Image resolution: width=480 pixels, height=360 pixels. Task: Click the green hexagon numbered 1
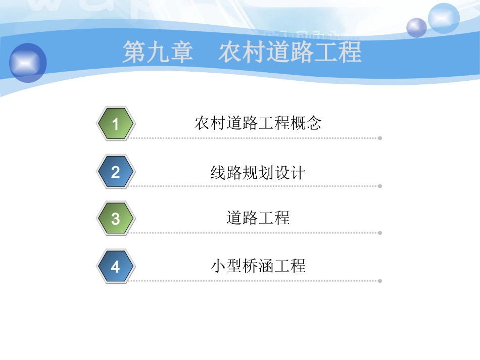(116, 123)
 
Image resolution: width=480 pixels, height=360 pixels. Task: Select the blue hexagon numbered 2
(116, 172)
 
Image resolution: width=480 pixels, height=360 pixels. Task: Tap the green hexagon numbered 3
(116, 219)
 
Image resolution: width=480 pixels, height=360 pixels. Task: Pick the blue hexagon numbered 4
(116, 266)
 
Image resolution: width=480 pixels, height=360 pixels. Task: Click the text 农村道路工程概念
(258, 123)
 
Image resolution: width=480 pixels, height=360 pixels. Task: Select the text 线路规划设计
(258, 173)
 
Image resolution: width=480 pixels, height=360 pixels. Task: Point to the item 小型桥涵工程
(258, 266)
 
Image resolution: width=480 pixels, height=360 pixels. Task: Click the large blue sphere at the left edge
(28, 63)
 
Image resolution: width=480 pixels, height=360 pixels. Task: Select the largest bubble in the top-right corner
(444, 18)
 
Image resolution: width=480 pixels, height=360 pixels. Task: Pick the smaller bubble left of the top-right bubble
(417, 27)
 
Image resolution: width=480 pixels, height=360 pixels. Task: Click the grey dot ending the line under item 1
(380, 138)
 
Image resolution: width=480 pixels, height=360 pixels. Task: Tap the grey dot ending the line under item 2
(380, 186)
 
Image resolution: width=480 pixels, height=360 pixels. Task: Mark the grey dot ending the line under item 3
(380, 233)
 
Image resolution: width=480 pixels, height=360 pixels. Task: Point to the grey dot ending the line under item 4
(380, 280)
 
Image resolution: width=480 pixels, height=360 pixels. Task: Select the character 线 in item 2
(218, 173)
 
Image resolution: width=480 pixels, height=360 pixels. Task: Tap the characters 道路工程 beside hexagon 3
(258, 218)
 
